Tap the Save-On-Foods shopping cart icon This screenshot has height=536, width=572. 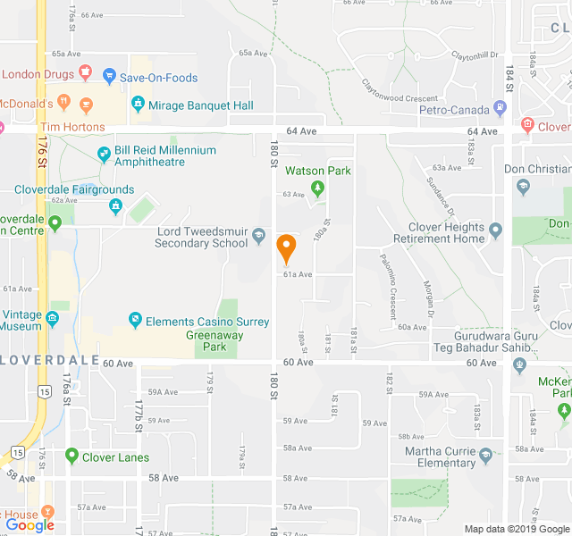pyautogui.click(x=109, y=78)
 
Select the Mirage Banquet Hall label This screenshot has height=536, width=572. pyautogui.click(x=201, y=105)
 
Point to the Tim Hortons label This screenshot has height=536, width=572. pyautogui.click(x=72, y=128)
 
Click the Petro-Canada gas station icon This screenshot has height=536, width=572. pyautogui.click(x=499, y=110)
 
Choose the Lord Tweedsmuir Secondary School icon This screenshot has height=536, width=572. pyautogui.click(x=259, y=236)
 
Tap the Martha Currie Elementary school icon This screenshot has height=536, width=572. pyautogui.click(x=485, y=456)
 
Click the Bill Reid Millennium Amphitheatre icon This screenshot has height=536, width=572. pyautogui.click(x=104, y=155)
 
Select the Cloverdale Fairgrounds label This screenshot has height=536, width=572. pyautogui.click(x=74, y=189)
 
